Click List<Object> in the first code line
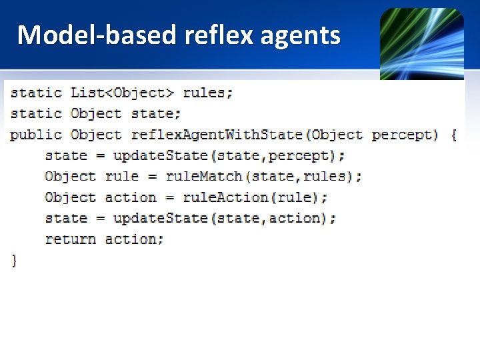pyautogui.click(x=123, y=93)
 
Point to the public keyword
pyautogui.click(x=36, y=135)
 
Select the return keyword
pyautogui.click(x=70, y=239)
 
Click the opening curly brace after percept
pyautogui.click(x=453, y=135)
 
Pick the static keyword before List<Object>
pyautogui.click(x=36, y=93)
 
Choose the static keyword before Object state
pyautogui.click(x=36, y=113)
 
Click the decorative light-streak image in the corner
pyautogui.click(x=421, y=43)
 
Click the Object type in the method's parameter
pyautogui.click(x=336, y=135)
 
